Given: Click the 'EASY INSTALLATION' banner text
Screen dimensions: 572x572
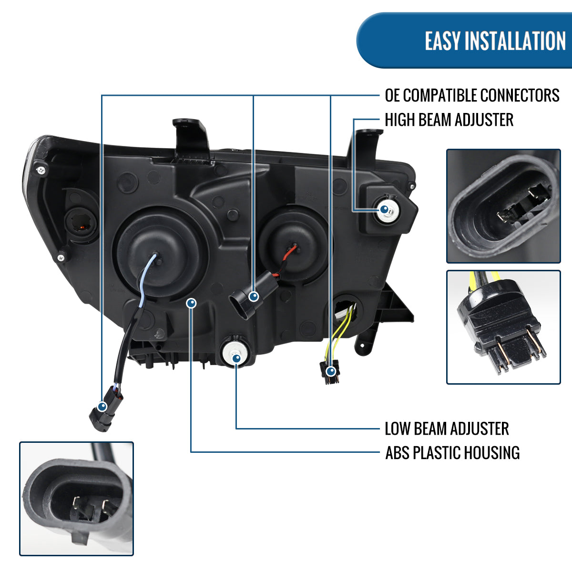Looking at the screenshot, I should (495, 41).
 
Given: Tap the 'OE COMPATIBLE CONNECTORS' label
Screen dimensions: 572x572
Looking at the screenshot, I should (472, 95).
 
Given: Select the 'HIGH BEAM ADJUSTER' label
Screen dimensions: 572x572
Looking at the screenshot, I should (449, 120).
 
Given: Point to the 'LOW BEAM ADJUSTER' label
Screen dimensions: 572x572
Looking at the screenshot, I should (447, 429).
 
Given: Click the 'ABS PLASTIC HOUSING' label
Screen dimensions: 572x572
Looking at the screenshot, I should (452, 452).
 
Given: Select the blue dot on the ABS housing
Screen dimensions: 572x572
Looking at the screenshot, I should (191, 303).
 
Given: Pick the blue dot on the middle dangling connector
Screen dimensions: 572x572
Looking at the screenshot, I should (254, 296).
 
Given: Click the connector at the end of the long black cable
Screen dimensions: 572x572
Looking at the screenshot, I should (102, 414).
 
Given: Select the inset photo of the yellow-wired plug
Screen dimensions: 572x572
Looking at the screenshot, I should (503, 327).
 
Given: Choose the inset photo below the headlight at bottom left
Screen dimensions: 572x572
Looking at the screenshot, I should (76, 498).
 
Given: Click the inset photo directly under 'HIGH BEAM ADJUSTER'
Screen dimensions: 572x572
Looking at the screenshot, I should (503, 205).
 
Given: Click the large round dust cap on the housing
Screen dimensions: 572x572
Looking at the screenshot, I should (160, 253).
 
